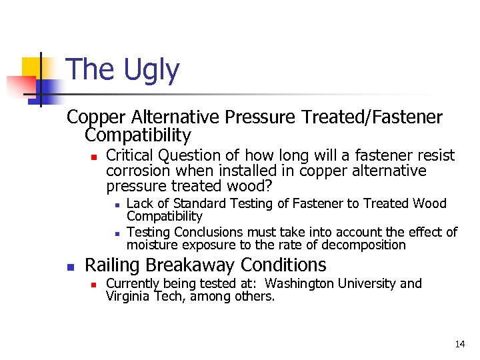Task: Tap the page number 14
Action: (x=460, y=344)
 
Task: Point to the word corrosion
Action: (x=137, y=171)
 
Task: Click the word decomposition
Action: (x=366, y=245)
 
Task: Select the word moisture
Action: (x=150, y=245)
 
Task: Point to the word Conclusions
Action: (x=201, y=232)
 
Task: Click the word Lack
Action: (x=138, y=203)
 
